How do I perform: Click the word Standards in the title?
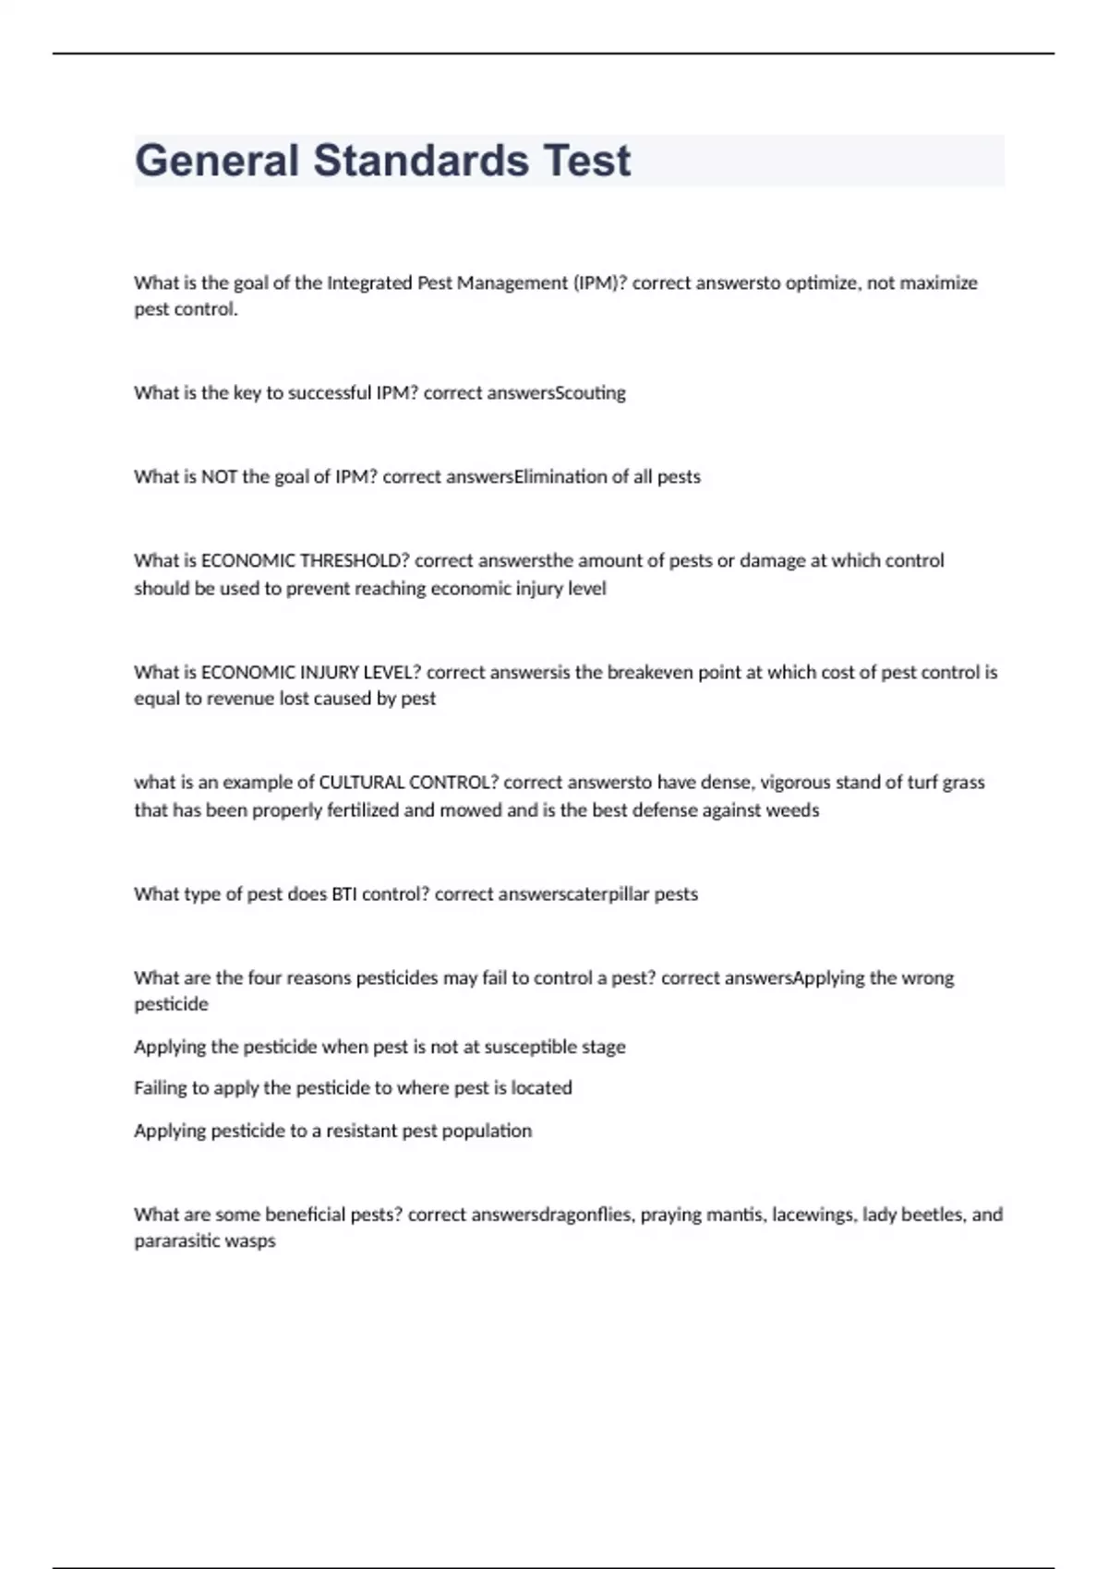(420, 161)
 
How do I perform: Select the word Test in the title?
(587, 161)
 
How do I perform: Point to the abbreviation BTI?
(343, 894)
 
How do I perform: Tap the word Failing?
(161, 1088)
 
